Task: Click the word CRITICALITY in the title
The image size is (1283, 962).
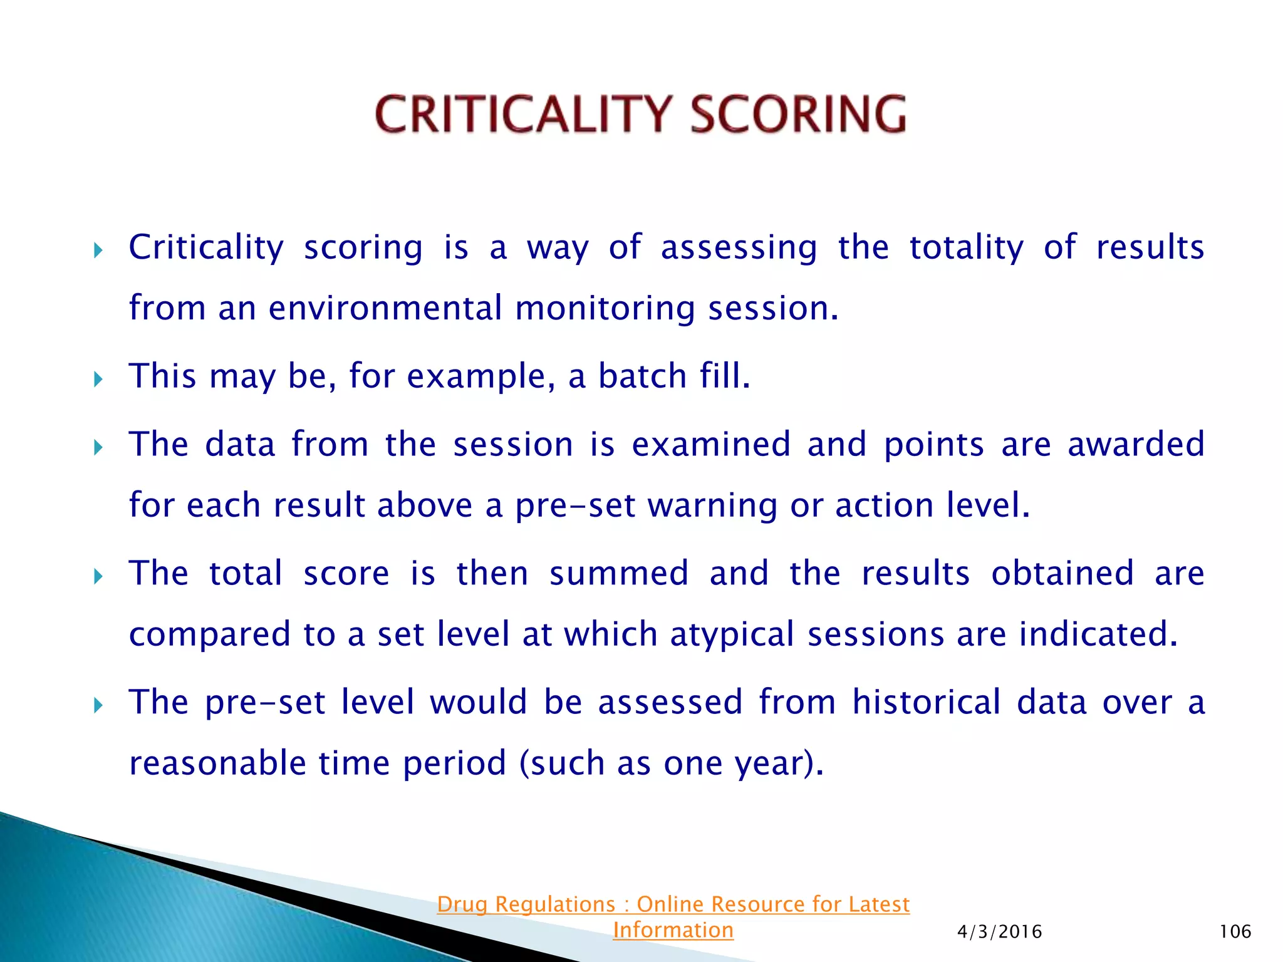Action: pyautogui.click(x=522, y=115)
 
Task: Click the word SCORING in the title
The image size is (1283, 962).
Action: pyautogui.click(x=798, y=115)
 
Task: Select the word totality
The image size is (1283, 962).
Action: pyautogui.click(x=966, y=247)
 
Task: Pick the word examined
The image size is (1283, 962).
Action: pyautogui.click(x=710, y=444)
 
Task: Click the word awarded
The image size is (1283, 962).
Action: pyautogui.click(x=1136, y=444)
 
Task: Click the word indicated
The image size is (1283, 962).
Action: pyautogui.click(x=1098, y=634)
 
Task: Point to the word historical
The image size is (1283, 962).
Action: pyautogui.click(x=926, y=701)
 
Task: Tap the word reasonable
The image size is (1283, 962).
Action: pyautogui.click(x=217, y=763)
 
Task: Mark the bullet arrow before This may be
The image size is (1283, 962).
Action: pyautogui.click(x=98, y=379)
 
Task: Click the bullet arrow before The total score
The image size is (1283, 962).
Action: pyautogui.click(x=98, y=576)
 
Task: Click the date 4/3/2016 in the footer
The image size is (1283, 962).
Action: pyautogui.click(x=999, y=932)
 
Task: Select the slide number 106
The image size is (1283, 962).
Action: pyautogui.click(x=1235, y=932)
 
